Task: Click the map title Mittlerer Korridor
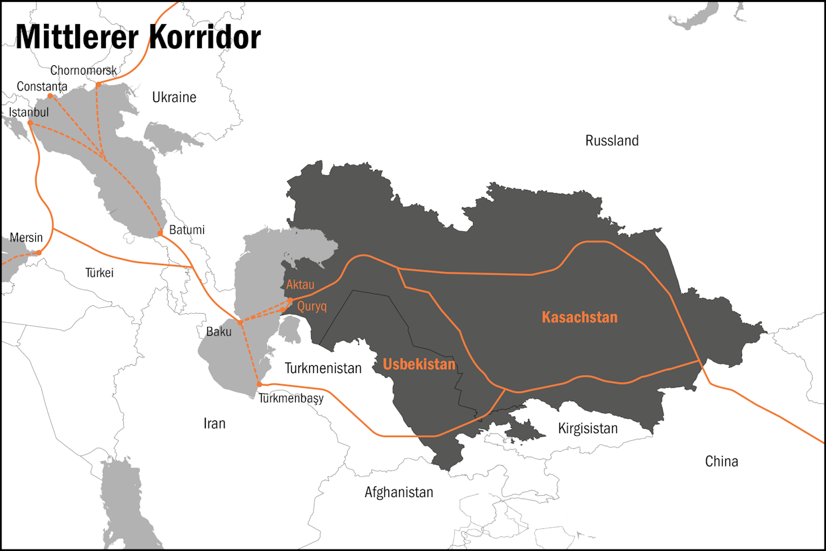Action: tap(138, 38)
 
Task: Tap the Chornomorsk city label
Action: tap(83, 71)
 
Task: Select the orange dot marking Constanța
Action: tap(50, 97)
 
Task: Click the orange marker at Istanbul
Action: tap(30, 123)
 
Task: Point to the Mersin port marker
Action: tap(39, 253)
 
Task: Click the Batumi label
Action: tap(187, 230)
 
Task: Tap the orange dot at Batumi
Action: tap(160, 233)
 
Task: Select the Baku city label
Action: tap(218, 332)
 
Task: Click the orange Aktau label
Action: tap(300, 285)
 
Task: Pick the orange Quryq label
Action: tap(311, 306)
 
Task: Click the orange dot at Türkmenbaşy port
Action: tap(260, 384)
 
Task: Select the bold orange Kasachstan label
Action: tap(580, 317)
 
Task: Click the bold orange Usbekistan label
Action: tap(419, 364)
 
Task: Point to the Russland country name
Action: tap(612, 141)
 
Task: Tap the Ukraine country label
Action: tap(174, 97)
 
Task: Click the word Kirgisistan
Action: tap(588, 428)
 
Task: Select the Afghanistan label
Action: tap(398, 492)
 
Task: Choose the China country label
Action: tap(721, 461)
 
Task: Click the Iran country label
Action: tap(214, 423)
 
